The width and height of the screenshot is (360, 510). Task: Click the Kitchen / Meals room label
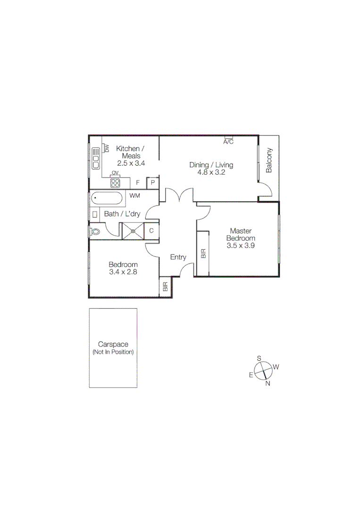pyautogui.click(x=130, y=152)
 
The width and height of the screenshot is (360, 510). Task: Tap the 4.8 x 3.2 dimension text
pyautogui.click(x=211, y=172)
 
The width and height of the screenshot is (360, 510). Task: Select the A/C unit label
pyautogui.click(x=228, y=142)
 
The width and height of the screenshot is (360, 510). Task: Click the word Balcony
pyautogui.click(x=269, y=161)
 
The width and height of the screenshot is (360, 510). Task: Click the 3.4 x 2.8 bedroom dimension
pyautogui.click(x=123, y=272)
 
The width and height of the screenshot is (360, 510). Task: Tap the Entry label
pyautogui.click(x=178, y=257)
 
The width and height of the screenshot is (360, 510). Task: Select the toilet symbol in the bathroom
pyautogui.click(x=96, y=232)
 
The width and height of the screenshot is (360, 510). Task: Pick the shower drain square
pyautogui.click(x=133, y=231)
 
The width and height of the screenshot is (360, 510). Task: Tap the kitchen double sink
pyautogui.click(x=96, y=159)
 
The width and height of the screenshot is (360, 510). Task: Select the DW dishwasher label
pyautogui.click(x=107, y=149)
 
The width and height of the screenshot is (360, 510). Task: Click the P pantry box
pyautogui.click(x=153, y=183)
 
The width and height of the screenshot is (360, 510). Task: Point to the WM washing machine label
pyautogui.click(x=134, y=195)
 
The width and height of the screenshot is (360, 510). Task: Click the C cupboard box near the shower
pyautogui.click(x=151, y=231)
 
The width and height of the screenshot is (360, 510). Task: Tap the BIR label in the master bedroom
pyautogui.click(x=203, y=254)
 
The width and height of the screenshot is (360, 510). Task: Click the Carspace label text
pyautogui.click(x=113, y=344)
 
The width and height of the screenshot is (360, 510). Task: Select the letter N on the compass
pyautogui.click(x=268, y=383)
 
